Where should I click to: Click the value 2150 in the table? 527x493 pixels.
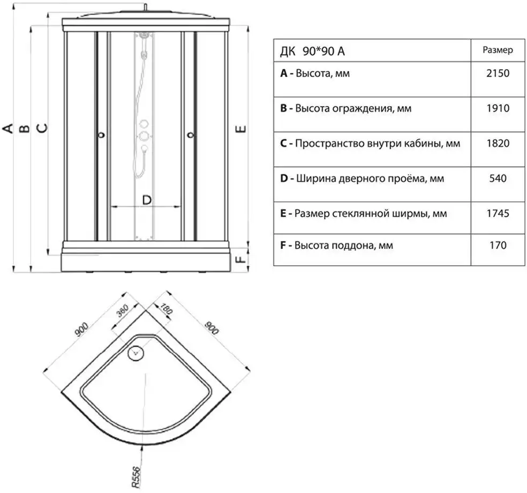click(498, 73)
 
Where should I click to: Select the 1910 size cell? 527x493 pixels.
click(498, 108)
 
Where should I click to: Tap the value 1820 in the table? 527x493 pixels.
click(498, 143)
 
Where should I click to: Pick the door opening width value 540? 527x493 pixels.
click(498, 178)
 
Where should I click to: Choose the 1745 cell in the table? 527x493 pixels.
click(498, 213)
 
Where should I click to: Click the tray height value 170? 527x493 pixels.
click(498, 246)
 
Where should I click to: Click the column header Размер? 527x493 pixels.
click(498, 50)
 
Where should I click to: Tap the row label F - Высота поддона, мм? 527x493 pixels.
click(336, 246)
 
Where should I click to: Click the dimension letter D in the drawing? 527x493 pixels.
click(147, 200)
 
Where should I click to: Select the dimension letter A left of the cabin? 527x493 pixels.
click(7, 128)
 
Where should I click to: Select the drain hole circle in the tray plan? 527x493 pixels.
click(135, 353)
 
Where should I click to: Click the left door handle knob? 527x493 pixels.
click(101, 136)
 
